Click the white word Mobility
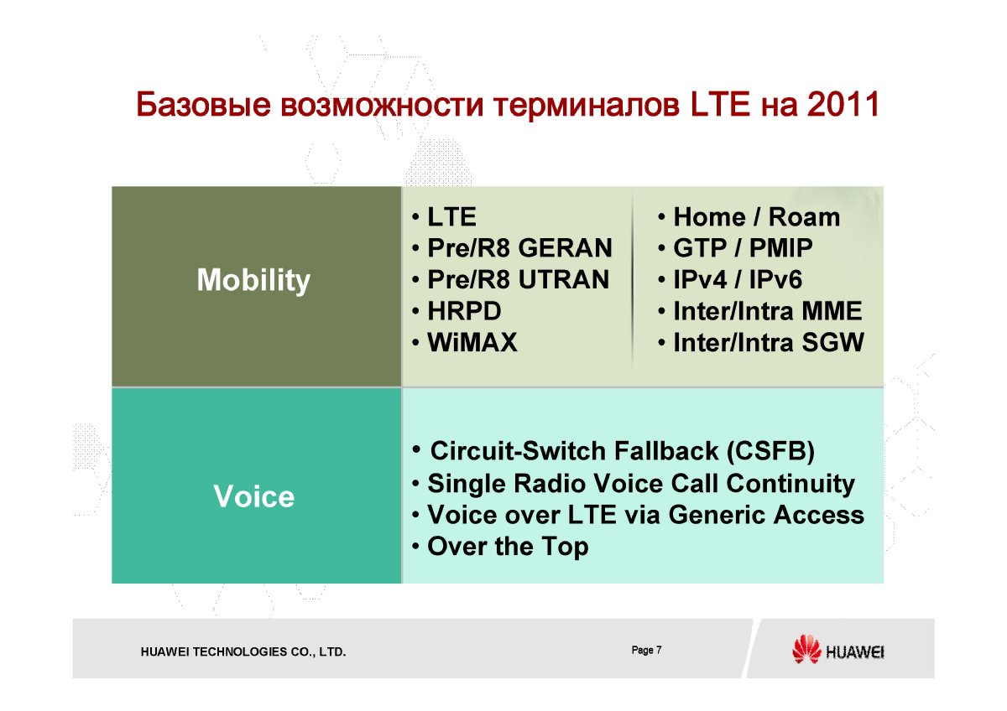coord(253,280)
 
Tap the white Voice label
coord(254,496)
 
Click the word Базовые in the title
coord(204,104)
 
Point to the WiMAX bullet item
coord(472,342)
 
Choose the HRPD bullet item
coord(464,311)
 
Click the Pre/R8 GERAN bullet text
coord(519,248)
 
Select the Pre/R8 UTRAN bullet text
coord(519,279)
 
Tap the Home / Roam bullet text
coord(757,217)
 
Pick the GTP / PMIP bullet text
coord(744,248)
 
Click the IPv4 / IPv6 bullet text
coord(738,279)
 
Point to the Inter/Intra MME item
coord(768,311)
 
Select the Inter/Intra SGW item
coord(769,342)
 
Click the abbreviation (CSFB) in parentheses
coord(770,451)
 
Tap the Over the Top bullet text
coord(508,547)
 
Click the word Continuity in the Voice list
coord(790,484)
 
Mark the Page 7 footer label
coord(646,650)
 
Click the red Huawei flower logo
coord(806,649)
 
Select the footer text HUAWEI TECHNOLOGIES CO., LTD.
coord(243,651)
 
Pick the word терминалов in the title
coord(587,105)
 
